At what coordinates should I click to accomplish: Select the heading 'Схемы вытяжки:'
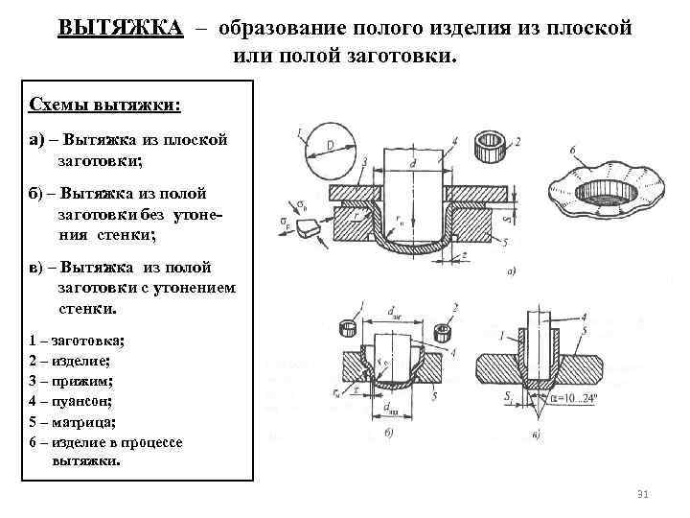(x=105, y=103)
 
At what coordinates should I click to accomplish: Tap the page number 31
(x=643, y=494)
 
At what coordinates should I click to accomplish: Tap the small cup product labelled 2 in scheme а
(x=494, y=149)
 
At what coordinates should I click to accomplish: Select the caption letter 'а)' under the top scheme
(x=510, y=271)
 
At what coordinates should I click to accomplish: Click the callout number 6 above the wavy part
(x=572, y=150)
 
